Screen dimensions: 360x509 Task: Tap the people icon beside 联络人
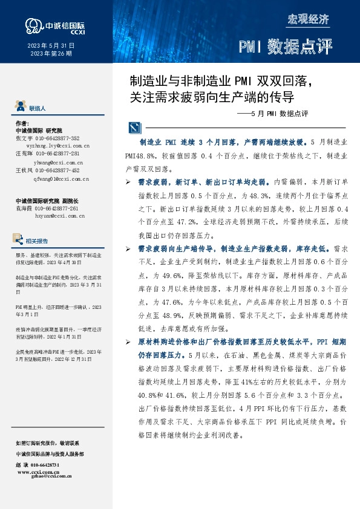[19, 107]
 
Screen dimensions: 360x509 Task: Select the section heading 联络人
[37, 108]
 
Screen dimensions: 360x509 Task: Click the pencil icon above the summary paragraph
[133, 128]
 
